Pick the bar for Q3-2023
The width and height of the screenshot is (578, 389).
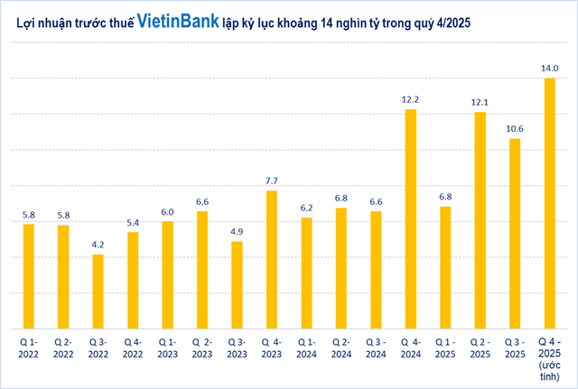[237, 284]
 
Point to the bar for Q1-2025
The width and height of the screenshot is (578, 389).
[445, 267]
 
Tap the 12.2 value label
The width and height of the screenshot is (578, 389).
[410, 98]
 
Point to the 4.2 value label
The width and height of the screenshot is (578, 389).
[98, 244]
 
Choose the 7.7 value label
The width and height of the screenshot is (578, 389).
[271, 181]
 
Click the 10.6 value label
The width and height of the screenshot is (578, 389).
[515, 127]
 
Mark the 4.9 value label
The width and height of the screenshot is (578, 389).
[237, 231]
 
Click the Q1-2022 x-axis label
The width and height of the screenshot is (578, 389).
[28, 348]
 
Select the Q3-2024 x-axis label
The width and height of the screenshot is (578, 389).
[376, 348]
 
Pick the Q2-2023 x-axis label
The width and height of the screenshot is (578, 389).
[201, 348]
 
